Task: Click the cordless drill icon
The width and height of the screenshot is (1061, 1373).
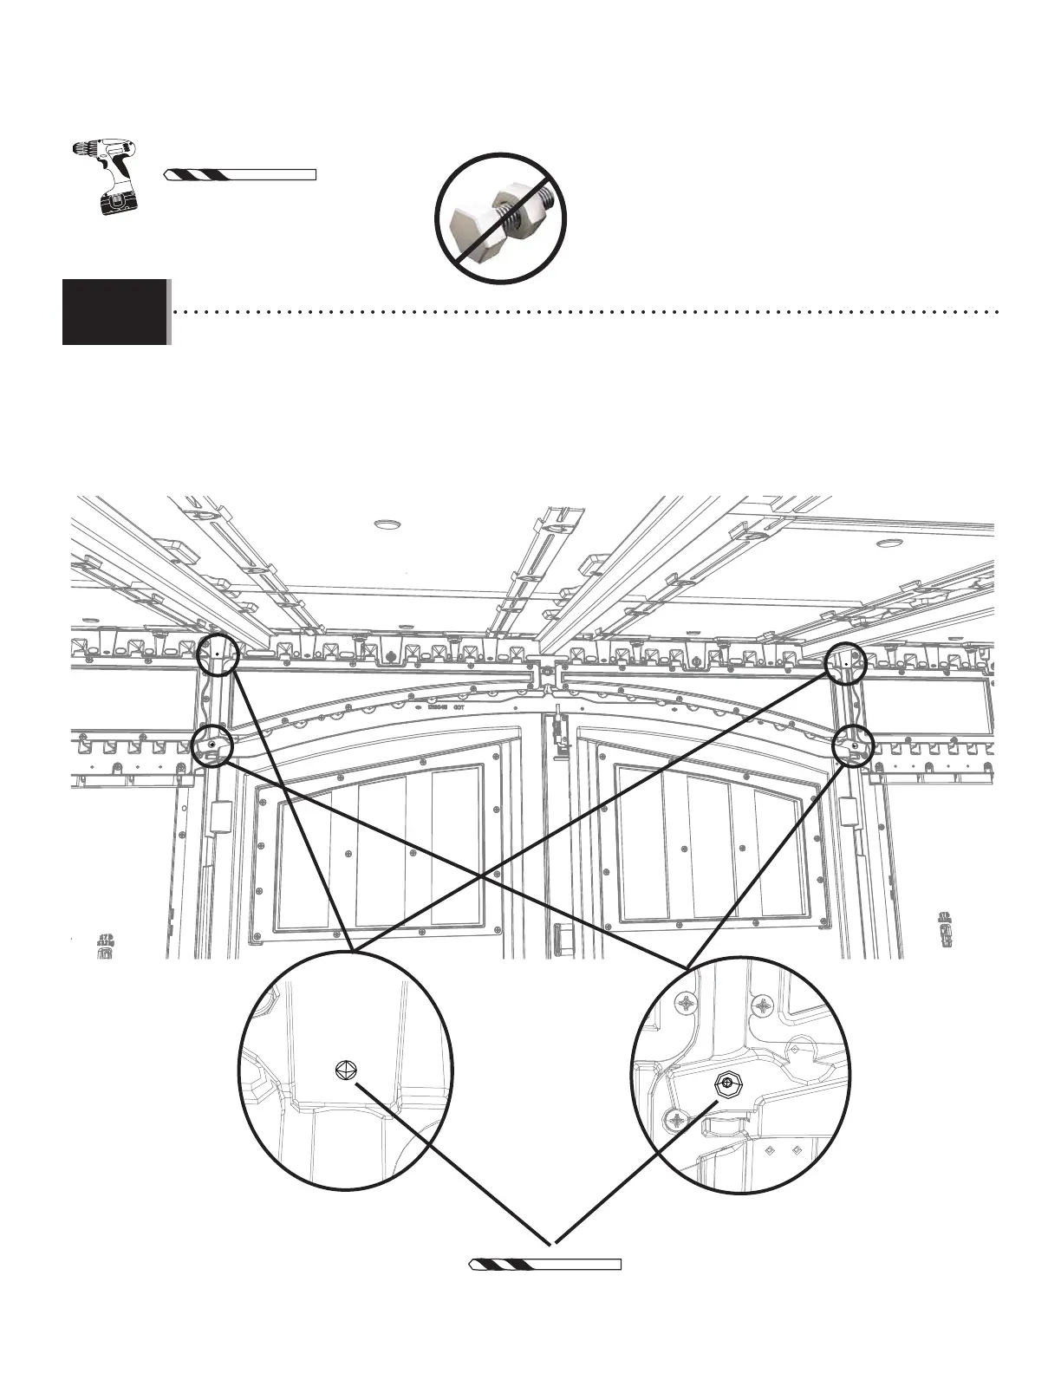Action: [106, 175]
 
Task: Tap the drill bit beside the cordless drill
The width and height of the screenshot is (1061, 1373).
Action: [239, 175]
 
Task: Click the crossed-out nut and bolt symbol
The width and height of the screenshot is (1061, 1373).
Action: [503, 218]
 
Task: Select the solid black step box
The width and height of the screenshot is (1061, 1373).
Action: [114, 311]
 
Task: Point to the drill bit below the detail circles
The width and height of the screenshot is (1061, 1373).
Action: [545, 1264]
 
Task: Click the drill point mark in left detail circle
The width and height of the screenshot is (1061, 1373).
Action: [345, 1071]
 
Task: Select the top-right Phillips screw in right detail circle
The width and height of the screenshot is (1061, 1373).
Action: [764, 1006]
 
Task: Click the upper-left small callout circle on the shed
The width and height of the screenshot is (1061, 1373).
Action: [218, 654]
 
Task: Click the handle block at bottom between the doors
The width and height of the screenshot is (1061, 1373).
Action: [559, 938]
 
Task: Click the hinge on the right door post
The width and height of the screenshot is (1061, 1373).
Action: [848, 811]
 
